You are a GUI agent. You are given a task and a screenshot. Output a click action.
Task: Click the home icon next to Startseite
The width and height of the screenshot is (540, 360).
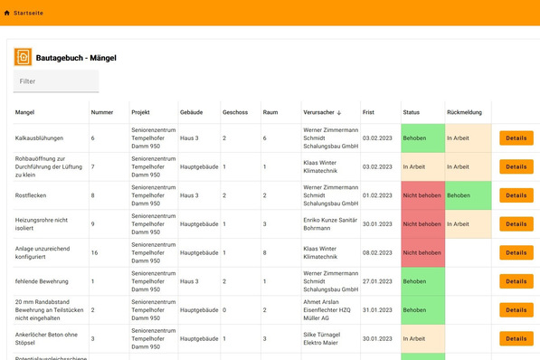pyautogui.click(x=8, y=13)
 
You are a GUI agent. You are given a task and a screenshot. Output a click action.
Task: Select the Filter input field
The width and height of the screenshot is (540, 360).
pyautogui.click(x=55, y=81)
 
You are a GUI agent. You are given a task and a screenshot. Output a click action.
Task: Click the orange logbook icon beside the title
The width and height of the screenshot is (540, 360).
pyautogui.click(x=24, y=57)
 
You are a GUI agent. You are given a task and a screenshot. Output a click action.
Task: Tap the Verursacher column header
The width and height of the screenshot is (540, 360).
pyautogui.click(x=321, y=113)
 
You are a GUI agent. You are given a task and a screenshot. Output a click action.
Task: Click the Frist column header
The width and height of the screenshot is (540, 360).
pyautogui.click(x=368, y=113)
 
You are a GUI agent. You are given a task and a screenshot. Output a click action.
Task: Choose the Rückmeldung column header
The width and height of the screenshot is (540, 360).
pyautogui.click(x=464, y=113)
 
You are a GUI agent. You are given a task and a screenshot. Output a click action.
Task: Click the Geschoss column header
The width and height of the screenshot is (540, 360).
pyautogui.click(x=235, y=113)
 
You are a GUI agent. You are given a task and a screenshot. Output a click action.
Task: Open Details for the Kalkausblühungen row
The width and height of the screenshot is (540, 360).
pyautogui.click(x=516, y=138)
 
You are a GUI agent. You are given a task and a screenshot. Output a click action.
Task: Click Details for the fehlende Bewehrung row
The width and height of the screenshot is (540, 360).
pyautogui.click(x=516, y=281)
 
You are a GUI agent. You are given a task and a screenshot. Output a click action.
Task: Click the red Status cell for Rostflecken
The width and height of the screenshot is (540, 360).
pyautogui.click(x=422, y=195)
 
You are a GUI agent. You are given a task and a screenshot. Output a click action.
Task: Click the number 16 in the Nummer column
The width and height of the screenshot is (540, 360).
pyautogui.click(x=94, y=252)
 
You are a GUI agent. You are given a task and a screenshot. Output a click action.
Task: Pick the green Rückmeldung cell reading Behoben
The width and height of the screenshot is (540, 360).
pyautogui.click(x=466, y=195)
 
